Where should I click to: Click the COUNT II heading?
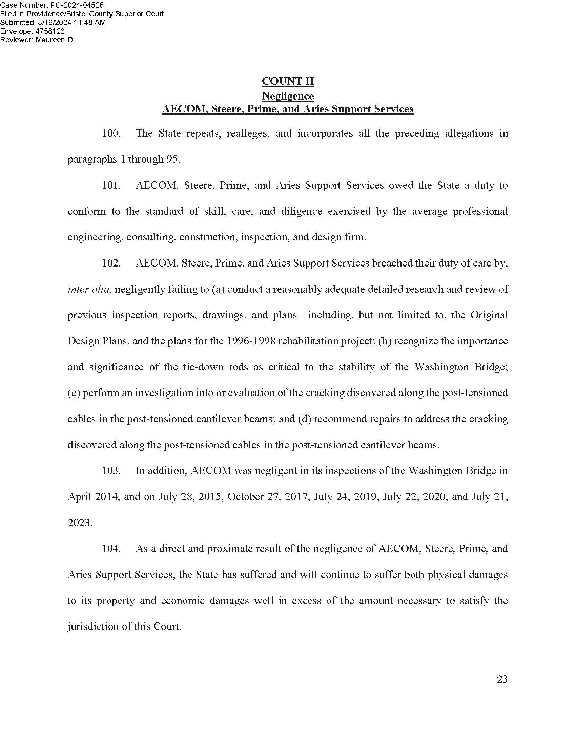[x=288, y=81]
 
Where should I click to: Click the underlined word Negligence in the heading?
[x=288, y=96]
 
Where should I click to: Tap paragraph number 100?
[x=111, y=133]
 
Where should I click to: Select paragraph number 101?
[x=111, y=185]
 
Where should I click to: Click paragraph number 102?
[x=111, y=263]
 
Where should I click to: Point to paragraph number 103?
[x=111, y=471]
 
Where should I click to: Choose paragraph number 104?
[x=111, y=549]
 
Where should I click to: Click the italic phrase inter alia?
[x=88, y=289]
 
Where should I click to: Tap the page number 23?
[x=502, y=679]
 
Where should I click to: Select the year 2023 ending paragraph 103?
[x=80, y=523]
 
